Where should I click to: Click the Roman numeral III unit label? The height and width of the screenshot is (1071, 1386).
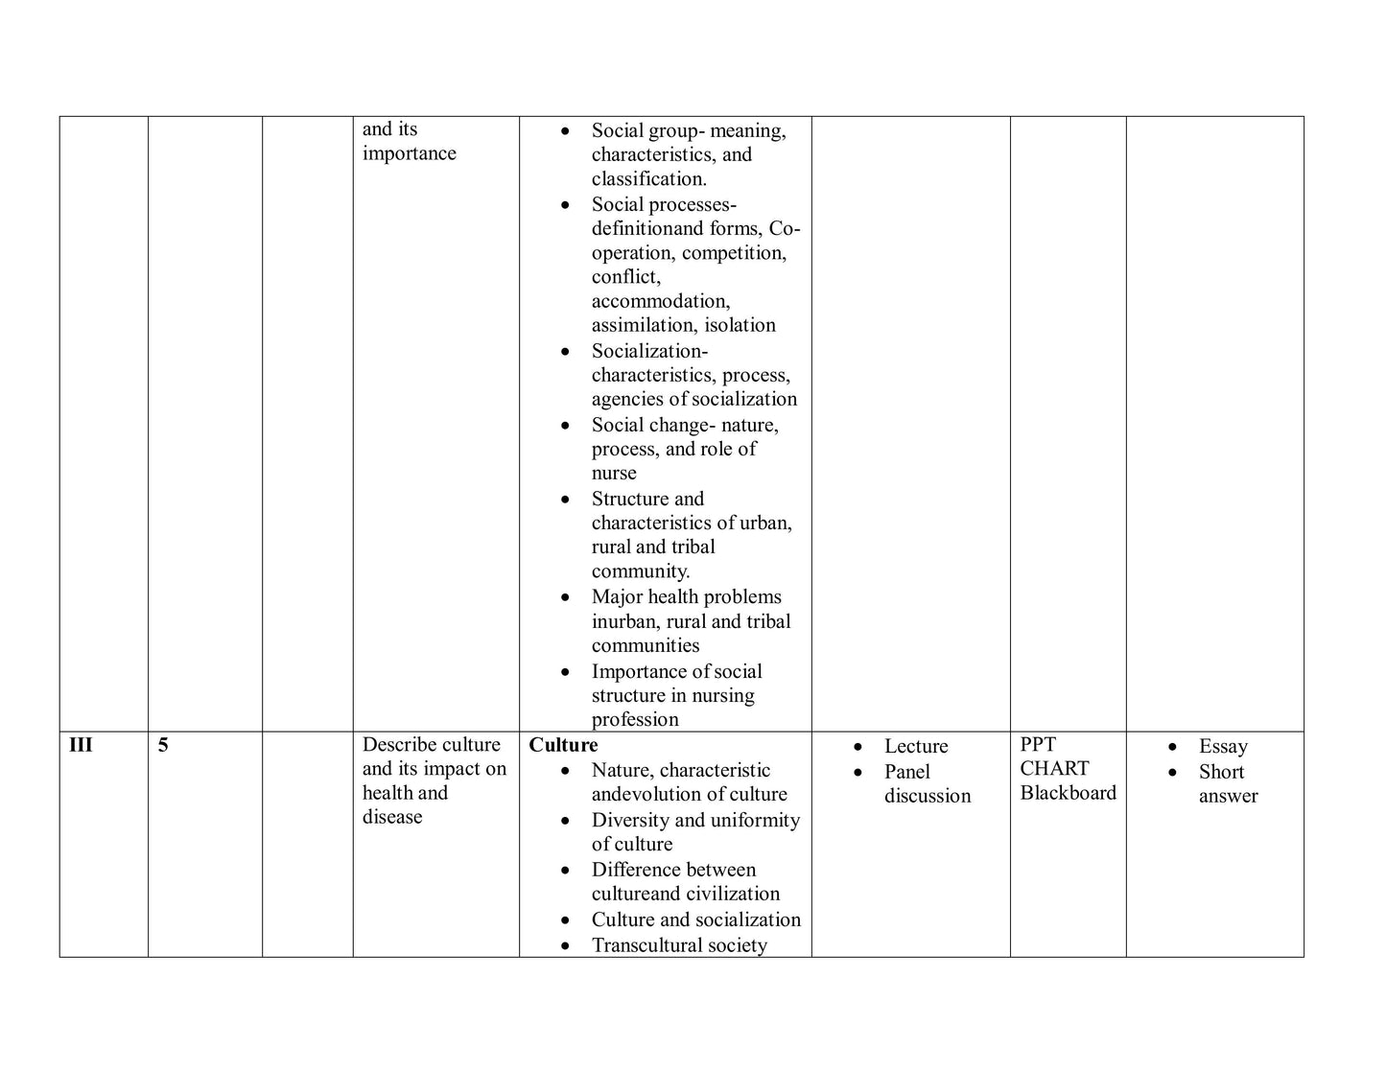click(x=81, y=745)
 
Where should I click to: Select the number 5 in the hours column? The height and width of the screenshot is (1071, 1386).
click(x=163, y=745)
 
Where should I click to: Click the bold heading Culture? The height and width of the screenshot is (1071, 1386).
click(x=563, y=745)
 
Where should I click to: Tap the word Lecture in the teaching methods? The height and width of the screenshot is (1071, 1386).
click(x=916, y=746)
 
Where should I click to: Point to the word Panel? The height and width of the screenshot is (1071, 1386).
click(x=907, y=771)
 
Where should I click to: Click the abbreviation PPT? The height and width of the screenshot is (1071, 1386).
click(x=1038, y=744)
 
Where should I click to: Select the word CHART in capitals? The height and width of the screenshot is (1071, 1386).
click(x=1054, y=768)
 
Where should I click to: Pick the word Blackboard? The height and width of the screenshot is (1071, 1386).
click(x=1069, y=792)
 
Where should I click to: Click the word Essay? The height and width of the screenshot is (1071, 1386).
click(x=1223, y=746)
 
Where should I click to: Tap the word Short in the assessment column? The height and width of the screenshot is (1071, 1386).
click(x=1221, y=771)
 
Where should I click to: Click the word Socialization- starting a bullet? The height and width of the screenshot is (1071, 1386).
click(x=649, y=351)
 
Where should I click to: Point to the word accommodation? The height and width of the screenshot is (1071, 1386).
click(x=660, y=301)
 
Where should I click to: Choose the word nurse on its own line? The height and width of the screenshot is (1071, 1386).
click(x=614, y=473)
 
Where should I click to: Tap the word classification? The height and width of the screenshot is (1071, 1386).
click(x=648, y=179)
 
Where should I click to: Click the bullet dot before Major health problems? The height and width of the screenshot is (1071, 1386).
click(x=567, y=597)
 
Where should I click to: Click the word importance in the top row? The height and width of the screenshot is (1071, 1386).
click(x=409, y=153)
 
